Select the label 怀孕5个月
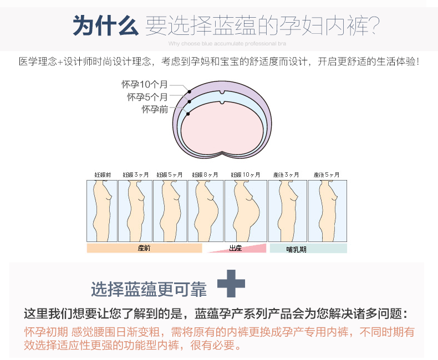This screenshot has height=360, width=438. [x=147, y=97]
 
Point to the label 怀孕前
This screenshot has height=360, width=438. [x=155, y=109]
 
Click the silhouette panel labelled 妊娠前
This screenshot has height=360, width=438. [x=102, y=210]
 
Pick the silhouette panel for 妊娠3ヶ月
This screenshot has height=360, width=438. [x=135, y=210]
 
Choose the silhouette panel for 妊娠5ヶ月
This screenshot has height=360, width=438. [x=170, y=210]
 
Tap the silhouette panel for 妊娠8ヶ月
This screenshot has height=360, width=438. [x=205, y=210]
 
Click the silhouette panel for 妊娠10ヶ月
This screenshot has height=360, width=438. [x=246, y=210]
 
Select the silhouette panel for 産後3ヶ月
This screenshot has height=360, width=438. [x=287, y=210]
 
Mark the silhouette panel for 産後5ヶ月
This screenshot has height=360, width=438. [x=327, y=210]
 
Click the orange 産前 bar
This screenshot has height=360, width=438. [x=144, y=248]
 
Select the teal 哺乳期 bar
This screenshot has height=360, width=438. [x=308, y=249]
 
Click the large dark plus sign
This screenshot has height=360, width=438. [x=231, y=282]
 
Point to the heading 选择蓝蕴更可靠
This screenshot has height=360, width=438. [x=149, y=289]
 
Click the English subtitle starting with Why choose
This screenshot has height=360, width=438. [x=227, y=42]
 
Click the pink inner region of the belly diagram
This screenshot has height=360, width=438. [x=222, y=127]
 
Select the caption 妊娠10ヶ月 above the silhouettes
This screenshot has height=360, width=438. [x=246, y=175]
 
